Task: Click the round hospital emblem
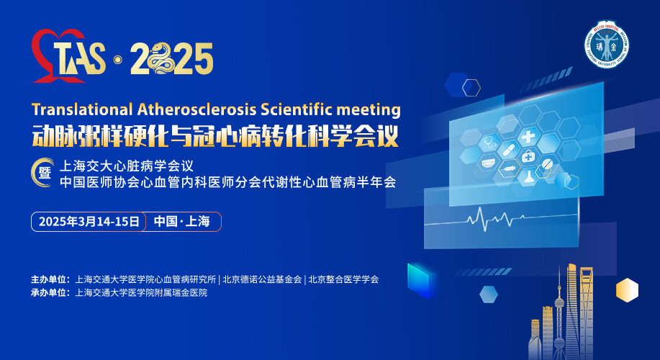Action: click(x=607, y=44)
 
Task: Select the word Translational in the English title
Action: click(x=82, y=109)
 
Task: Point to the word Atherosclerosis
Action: click(x=197, y=109)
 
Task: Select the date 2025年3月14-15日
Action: click(x=89, y=222)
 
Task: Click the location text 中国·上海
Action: click(x=182, y=222)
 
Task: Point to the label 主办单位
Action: click(x=50, y=279)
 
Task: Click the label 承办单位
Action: click(x=50, y=292)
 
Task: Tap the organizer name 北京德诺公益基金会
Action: click(x=262, y=279)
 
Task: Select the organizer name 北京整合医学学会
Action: click(x=343, y=279)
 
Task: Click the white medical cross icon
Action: click(x=528, y=136)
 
